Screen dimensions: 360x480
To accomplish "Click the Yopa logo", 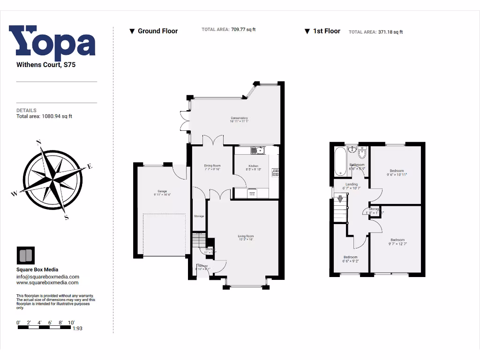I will click(x=52, y=43).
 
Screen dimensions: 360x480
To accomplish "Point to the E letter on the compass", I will click(x=90, y=166).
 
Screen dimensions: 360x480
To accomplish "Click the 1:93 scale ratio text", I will click(x=77, y=329).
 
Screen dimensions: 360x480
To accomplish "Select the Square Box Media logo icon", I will click(x=25, y=255).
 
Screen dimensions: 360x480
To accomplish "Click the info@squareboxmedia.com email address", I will click(x=48, y=277).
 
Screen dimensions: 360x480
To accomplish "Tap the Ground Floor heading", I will click(x=157, y=31).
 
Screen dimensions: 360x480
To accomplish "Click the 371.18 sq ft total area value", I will click(x=390, y=32).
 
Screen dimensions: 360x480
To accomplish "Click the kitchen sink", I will click(x=257, y=150).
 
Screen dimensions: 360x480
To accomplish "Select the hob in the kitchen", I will click(x=275, y=172).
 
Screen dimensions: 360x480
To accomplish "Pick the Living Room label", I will click(x=245, y=238).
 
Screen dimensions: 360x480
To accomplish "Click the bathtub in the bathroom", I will click(x=339, y=162).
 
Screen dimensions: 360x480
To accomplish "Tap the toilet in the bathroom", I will click(x=361, y=153).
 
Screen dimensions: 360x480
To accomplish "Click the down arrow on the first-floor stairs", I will click(x=340, y=198).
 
